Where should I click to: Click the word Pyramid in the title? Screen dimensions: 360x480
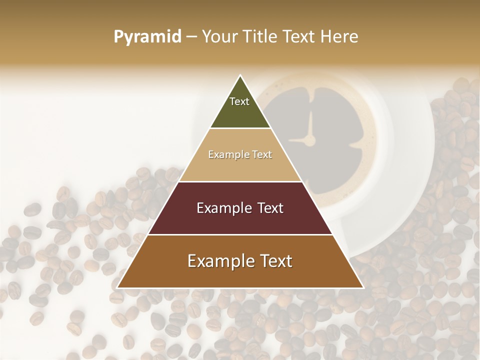click(147, 37)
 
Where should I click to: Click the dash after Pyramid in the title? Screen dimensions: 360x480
click(191, 37)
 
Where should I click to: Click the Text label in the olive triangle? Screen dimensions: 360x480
click(239, 101)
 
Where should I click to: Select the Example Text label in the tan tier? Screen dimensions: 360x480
click(240, 154)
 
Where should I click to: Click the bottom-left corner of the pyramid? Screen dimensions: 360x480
click(117, 288)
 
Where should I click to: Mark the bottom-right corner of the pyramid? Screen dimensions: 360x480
click(363, 288)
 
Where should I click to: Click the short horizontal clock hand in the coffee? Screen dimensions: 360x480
click(298, 140)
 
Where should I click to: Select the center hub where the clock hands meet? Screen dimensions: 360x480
click(310, 140)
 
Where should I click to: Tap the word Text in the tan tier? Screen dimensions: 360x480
click(262, 154)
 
